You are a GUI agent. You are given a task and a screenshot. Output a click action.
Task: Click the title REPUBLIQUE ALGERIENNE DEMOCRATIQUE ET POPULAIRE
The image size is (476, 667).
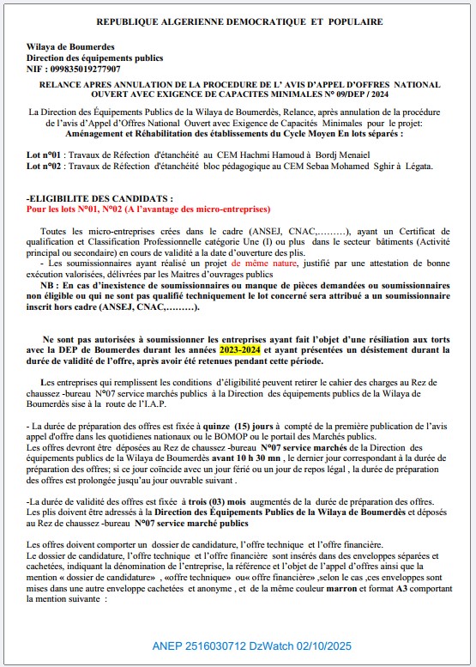tap(239, 21)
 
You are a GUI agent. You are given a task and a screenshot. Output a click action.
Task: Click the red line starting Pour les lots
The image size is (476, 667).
tap(148, 209)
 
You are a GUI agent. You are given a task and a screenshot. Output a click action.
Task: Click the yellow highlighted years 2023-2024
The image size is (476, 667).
tap(241, 350)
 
